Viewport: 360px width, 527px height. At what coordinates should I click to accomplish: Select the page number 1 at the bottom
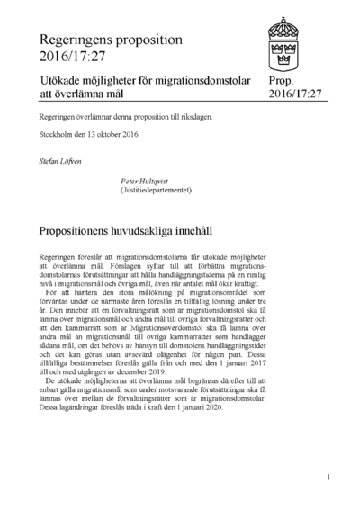(329, 478)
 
